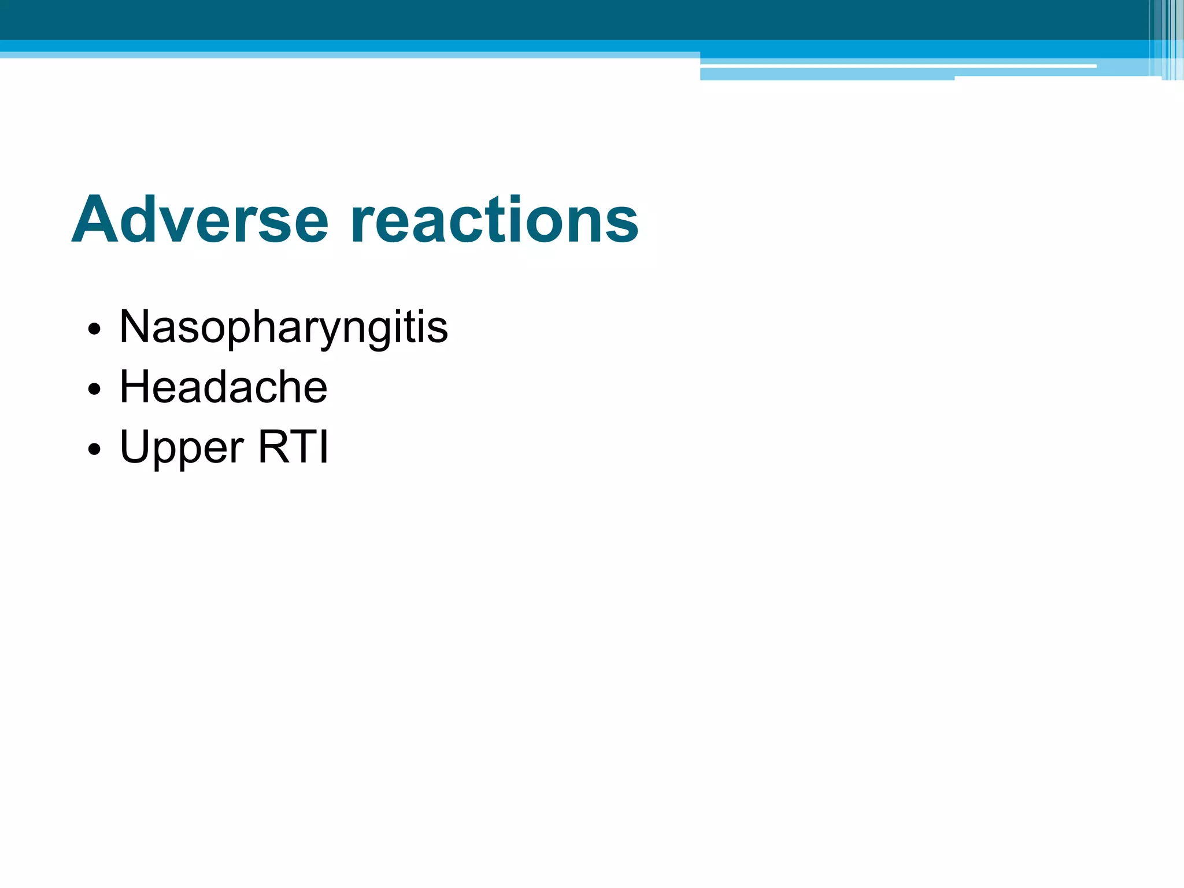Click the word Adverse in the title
tap(200, 220)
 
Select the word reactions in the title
tap(494, 220)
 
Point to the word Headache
tap(223, 387)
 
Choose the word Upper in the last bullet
tap(182, 448)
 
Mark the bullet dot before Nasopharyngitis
tap(94, 330)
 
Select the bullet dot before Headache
tap(94, 390)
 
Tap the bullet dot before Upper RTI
tap(94, 450)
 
